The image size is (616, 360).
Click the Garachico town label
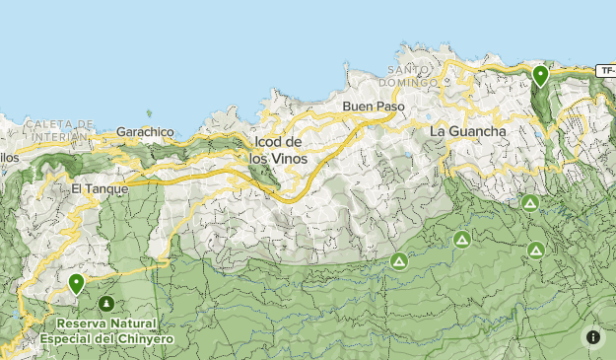[x=145, y=130]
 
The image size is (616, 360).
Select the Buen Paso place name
[x=368, y=106]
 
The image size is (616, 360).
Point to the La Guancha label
[x=468, y=131]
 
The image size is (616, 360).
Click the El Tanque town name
[x=99, y=187]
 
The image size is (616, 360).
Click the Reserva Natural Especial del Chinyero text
[x=106, y=330]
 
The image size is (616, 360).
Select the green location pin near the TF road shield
[x=539, y=75]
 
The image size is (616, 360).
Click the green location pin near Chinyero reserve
[x=76, y=284]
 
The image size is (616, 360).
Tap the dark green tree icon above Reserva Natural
[x=105, y=304]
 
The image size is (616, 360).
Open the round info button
[x=593, y=336]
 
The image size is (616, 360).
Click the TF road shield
[x=606, y=71]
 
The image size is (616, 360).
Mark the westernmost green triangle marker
[x=398, y=261]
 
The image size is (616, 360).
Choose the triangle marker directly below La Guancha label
[x=461, y=239]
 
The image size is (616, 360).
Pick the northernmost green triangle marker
[x=530, y=203]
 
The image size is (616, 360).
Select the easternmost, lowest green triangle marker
[x=535, y=250]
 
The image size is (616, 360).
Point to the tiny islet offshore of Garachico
[x=150, y=114]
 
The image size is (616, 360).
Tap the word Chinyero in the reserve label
[x=146, y=338]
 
